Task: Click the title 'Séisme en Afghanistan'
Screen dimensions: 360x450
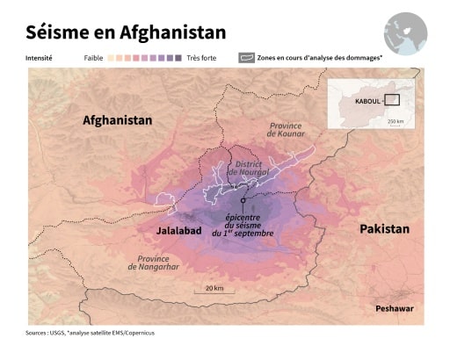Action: pyautogui.click(x=126, y=32)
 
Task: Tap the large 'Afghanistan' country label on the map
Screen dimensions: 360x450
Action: pyautogui.click(x=117, y=120)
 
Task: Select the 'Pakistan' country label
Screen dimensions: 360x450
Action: pyautogui.click(x=384, y=228)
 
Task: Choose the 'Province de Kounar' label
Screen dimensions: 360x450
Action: pyautogui.click(x=286, y=132)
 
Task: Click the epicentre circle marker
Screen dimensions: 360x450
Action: pyautogui.click(x=243, y=201)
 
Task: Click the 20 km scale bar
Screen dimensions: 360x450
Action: pyautogui.click(x=214, y=294)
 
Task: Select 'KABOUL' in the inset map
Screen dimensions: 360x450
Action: pyautogui.click(x=367, y=101)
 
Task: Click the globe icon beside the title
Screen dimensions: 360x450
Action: pyautogui.click(x=405, y=33)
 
